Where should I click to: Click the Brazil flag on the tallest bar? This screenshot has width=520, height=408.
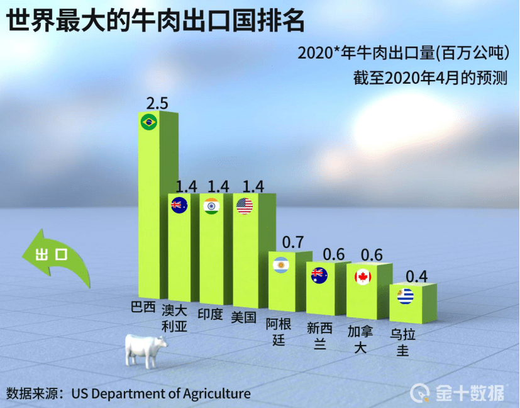pos(148,122)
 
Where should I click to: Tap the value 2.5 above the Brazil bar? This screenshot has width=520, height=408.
pos(157,103)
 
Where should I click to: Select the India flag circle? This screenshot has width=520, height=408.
pos(211,206)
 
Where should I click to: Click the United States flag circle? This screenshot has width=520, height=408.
pos(244,206)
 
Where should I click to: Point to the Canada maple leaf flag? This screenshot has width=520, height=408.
pos(363,276)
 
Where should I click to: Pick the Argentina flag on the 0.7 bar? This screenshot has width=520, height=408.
pos(280,265)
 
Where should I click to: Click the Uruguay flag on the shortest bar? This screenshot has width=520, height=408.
pos(406,296)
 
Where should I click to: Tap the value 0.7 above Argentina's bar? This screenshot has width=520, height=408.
pos(293,242)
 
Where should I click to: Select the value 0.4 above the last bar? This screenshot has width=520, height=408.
pos(417,276)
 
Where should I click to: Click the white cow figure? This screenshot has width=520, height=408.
pos(146,349)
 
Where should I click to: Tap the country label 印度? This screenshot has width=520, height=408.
pos(210,314)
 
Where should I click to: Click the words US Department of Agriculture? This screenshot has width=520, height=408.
pos(160,394)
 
